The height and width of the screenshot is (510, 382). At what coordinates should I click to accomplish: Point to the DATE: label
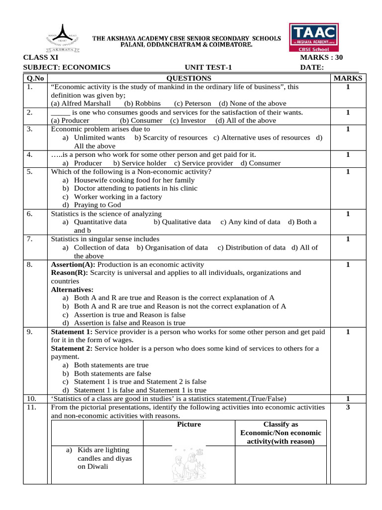[x=312, y=68]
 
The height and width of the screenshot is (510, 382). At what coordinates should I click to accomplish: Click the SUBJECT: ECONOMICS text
[x=67, y=68]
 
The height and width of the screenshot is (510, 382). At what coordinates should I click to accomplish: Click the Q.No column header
[x=35, y=78]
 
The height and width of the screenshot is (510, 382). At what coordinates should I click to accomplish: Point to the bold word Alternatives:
[x=72, y=289]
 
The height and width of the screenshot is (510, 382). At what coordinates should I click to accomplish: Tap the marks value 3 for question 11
[x=348, y=407]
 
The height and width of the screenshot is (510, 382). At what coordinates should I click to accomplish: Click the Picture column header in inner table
[x=189, y=424]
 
